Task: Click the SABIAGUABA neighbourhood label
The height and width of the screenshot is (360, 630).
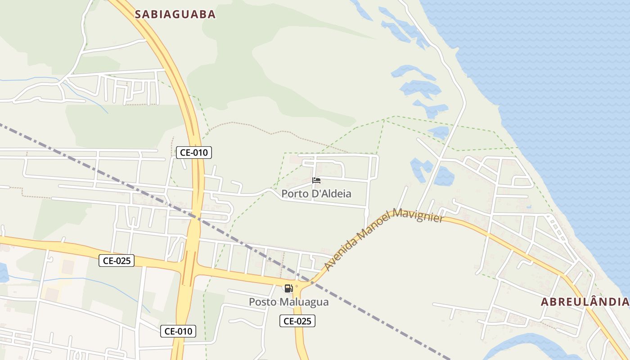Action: (175, 14)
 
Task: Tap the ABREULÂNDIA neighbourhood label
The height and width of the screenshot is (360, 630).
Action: (585, 301)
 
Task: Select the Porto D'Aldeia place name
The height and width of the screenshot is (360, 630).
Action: (316, 194)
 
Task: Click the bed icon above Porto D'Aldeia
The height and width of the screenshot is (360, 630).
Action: (316, 180)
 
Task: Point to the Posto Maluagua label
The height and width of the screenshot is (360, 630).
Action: (289, 302)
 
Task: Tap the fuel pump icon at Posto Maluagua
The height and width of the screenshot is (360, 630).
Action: (288, 288)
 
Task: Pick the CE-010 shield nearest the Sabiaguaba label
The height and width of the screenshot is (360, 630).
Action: (193, 153)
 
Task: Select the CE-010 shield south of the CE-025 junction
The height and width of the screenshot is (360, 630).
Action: (178, 331)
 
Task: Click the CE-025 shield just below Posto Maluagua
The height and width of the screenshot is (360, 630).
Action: (297, 321)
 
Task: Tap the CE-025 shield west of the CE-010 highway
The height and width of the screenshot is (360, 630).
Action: (117, 260)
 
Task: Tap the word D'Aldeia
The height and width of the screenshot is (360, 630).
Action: (331, 194)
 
